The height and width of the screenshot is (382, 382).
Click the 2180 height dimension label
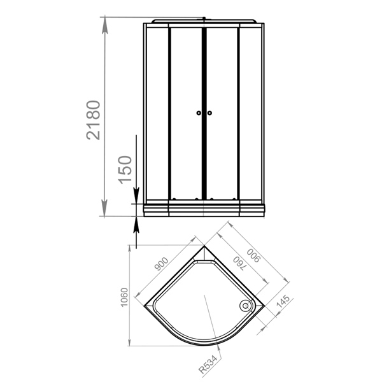tap(94, 120)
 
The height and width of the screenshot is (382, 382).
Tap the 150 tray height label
tap(125, 169)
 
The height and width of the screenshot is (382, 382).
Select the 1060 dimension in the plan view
tap(124, 297)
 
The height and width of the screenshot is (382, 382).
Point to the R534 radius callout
tap(208, 364)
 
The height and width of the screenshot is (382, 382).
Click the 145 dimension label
tap(283, 301)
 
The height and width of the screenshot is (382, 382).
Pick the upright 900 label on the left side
tap(161, 264)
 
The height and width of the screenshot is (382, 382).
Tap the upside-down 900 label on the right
tap(253, 255)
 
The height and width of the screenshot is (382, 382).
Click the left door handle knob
tap(199, 113)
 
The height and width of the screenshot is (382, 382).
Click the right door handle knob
tap(209, 113)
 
